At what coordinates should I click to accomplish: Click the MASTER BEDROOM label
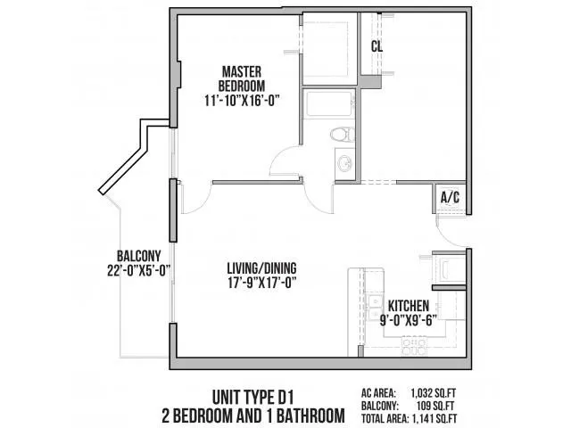(x=239, y=79)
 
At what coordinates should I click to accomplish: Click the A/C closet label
(x=451, y=198)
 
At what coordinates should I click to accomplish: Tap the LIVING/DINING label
(x=261, y=267)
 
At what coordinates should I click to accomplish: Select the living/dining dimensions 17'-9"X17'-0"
(x=261, y=285)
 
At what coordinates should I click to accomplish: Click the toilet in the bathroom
(x=339, y=136)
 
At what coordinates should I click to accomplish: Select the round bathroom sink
(x=344, y=164)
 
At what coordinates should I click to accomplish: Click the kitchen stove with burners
(x=416, y=343)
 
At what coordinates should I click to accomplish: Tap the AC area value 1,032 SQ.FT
(x=476, y=390)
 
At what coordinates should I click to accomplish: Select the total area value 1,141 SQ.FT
(x=475, y=417)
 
